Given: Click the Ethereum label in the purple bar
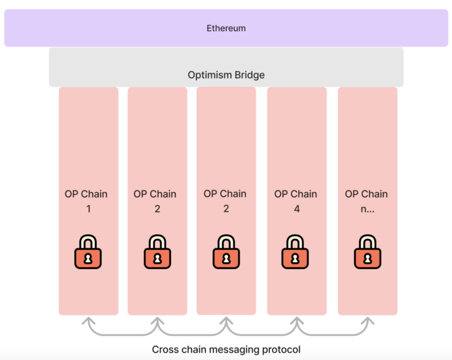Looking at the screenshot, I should [226, 28].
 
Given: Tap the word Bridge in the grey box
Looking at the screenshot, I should [248, 75].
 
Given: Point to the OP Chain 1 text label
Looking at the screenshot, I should [86, 194].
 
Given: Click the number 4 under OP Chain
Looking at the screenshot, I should [296, 209].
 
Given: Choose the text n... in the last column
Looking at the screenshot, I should [367, 209].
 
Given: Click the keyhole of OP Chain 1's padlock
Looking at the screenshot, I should [88, 259].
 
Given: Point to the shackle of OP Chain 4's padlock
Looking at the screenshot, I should [295, 242].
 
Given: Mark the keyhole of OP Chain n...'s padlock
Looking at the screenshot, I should [367, 259].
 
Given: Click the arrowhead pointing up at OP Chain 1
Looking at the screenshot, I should [88, 321].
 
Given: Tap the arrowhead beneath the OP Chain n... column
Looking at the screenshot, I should [367, 321].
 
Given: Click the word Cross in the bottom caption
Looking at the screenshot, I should [164, 349].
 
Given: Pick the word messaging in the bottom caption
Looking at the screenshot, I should [234, 350].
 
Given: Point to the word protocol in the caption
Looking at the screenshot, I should [282, 350].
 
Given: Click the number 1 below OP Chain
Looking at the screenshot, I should [88, 209].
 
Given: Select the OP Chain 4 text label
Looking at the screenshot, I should [296, 194].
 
